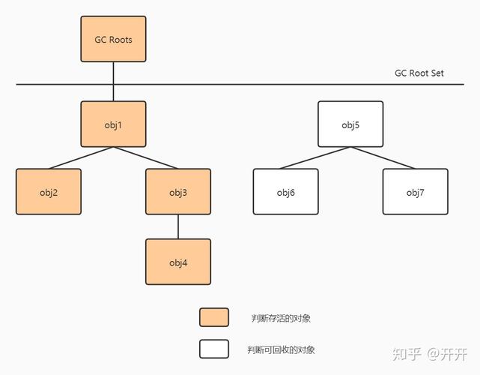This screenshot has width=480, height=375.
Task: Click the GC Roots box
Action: pos(113,39)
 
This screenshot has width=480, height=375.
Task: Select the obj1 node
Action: pos(113,124)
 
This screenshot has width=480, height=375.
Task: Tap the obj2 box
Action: pos(49,192)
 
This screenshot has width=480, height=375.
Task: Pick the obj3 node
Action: pos(178,192)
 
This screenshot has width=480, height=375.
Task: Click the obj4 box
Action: pos(178,262)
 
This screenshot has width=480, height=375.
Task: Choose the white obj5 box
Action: pos(350,124)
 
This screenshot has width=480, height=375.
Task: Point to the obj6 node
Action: pos(286,192)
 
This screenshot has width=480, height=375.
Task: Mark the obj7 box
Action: pos(416,192)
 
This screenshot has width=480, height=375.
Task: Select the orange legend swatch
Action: pos(214,317)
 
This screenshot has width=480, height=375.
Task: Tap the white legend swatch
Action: pos(214,349)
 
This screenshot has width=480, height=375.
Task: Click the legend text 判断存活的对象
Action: pos(281,318)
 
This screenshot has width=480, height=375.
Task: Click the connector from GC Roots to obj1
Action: pos(113,82)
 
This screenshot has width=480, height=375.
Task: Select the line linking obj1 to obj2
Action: pos(81,158)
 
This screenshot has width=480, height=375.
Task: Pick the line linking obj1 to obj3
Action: pos(146,158)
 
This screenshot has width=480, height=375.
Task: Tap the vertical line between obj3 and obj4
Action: pos(178,226)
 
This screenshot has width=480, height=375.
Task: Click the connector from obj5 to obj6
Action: pos(318,158)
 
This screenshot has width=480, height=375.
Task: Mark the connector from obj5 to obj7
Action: pos(383,158)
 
